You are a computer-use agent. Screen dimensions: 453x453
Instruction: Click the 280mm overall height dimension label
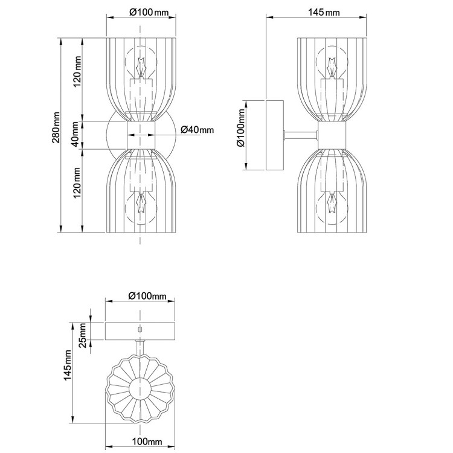56,127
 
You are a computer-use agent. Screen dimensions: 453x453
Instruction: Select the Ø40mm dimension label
198,130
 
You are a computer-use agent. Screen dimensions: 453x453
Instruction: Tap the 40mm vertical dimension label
75,134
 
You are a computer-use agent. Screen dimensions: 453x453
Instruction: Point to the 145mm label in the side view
324,13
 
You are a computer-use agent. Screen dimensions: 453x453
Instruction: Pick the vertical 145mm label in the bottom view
68,365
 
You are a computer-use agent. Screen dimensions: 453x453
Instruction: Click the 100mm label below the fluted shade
147,442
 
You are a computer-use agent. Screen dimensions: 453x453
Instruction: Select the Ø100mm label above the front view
149,13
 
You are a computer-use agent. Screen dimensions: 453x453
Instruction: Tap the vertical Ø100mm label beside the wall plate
241,127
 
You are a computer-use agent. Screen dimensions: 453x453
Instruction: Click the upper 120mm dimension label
77,72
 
